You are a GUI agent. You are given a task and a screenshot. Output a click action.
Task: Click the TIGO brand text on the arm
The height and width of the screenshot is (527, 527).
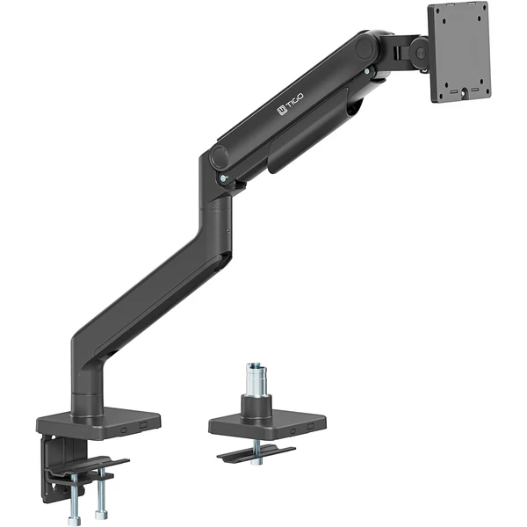coord(294,100)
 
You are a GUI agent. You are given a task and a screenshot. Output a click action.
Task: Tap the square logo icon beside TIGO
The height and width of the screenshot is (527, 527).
coord(281,110)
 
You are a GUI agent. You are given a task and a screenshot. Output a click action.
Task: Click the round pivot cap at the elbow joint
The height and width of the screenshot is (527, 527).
coord(220,156)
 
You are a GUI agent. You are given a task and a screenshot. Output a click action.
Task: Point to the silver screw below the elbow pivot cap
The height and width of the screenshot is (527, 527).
coord(223,178)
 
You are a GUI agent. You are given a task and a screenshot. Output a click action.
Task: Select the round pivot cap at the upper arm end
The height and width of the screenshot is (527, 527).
coord(365,48)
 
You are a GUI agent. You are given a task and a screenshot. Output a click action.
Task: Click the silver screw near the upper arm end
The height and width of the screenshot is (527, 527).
coord(367,71)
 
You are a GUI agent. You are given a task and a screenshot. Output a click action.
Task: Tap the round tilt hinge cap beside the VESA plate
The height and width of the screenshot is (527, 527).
coord(420,53)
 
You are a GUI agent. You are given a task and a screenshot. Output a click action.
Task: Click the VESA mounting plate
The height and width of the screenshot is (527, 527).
coord(459,52)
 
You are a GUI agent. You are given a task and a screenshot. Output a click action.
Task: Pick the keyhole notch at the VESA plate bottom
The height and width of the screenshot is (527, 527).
coord(465,92)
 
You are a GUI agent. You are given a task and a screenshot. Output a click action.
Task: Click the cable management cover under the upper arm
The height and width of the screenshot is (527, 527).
coord(308,131)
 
